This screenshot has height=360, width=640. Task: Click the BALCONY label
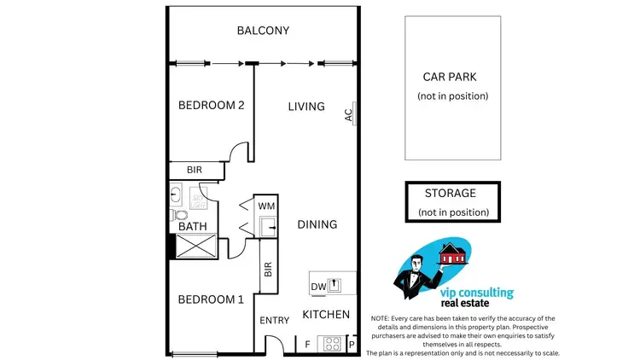click(x=263, y=31)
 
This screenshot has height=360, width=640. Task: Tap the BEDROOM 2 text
click(x=211, y=106)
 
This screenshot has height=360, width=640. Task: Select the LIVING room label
click(x=305, y=107)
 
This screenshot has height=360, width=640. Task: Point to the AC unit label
click(x=348, y=114)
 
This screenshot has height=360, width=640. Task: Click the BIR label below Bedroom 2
click(x=194, y=171)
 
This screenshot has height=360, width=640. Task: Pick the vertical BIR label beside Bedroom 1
click(x=268, y=270)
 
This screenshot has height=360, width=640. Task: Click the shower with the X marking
click(x=195, y=246)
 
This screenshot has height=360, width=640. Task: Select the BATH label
click(x=191, y=227)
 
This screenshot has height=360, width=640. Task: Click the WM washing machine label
click(x=265, y=206)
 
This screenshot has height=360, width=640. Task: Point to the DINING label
click(x=317, y=224)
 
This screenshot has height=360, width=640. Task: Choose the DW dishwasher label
click(x=317, y=286)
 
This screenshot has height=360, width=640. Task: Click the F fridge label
click(x=307, y=345)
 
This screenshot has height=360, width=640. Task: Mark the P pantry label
click(x=351, y=345)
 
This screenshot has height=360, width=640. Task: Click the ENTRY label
click(x=274, y=321)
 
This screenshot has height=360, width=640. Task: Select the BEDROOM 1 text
click(x=211, y=299)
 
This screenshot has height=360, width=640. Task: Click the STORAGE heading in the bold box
click(x=451, y=194)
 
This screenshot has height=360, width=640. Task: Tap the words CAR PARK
click(x=450, y=77)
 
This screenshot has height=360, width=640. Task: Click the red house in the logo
click(x=451, y=253)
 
